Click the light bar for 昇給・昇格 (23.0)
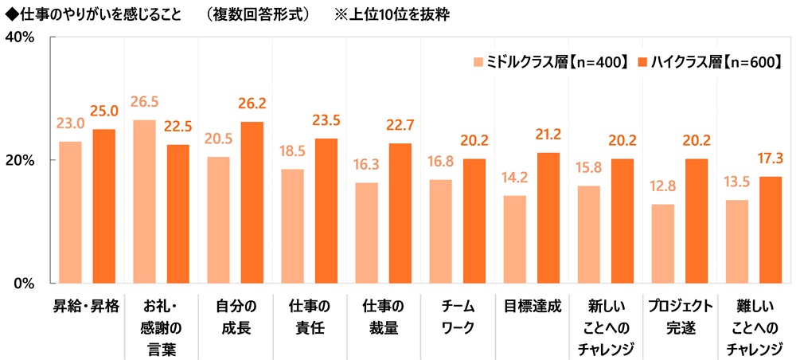coord(70,212)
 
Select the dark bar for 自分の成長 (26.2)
coord(252,202)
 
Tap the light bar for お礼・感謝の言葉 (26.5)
coord(144,202)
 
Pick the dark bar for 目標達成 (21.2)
coord(548,217)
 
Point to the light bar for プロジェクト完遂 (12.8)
coord(662,243)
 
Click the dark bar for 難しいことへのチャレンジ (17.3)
coord(770,229)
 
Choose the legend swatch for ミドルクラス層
coord(478,61)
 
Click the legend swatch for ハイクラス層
coord(642,61)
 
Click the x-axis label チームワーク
coord(457,316)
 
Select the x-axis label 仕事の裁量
coord(383,316)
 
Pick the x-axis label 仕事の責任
coord(309,316)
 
